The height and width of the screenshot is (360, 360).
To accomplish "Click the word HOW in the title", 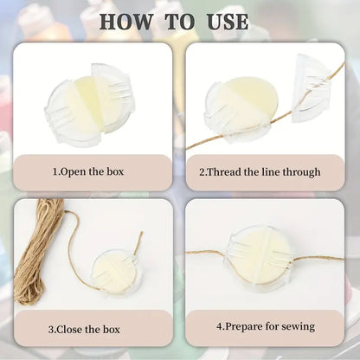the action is click(125, 22).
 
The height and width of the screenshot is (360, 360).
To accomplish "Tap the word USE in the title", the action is click(228, 22).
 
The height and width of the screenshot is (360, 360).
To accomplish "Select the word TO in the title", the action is click(179, 22).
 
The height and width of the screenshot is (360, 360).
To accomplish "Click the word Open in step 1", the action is click(74, 172).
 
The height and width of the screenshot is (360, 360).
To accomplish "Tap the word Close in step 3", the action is click(69, 329).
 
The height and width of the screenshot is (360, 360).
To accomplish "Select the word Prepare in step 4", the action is click(244, 327).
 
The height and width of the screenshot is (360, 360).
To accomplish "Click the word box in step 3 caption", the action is click(111, 329).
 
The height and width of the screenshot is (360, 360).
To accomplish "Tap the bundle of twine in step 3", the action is click(37, 250).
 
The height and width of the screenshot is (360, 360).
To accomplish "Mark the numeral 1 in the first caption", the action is click(55, 172).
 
